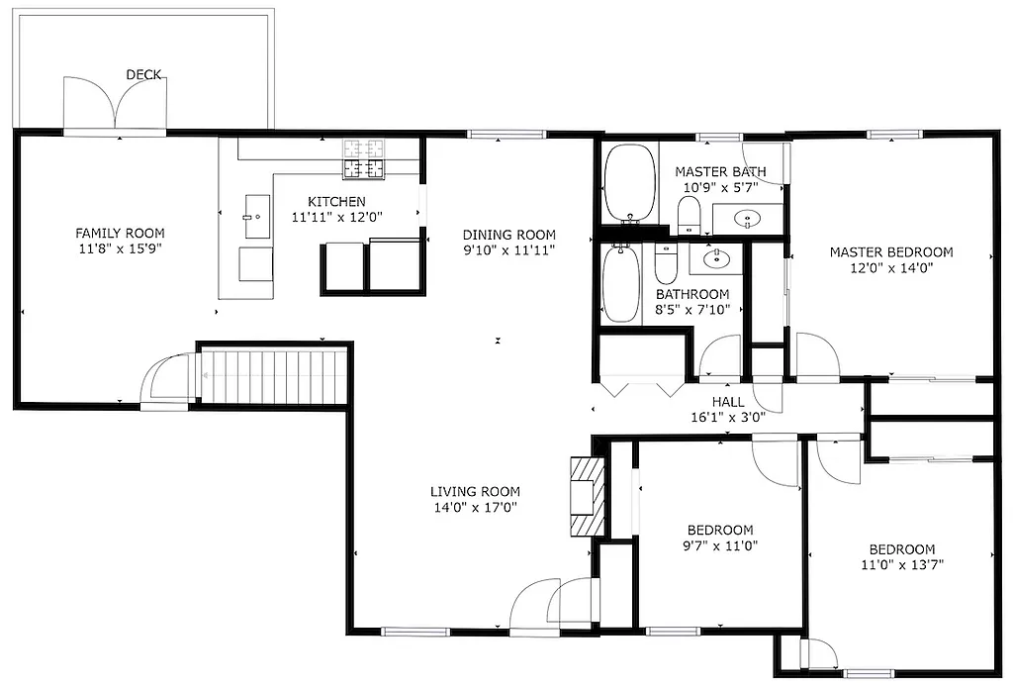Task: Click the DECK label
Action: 143,74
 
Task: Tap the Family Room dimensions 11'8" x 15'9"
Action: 120,249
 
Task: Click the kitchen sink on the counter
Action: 255,213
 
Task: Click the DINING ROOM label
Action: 509,235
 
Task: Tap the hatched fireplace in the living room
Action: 585,496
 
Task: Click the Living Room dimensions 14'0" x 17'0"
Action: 475,507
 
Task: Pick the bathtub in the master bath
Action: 630,183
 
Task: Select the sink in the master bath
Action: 747,219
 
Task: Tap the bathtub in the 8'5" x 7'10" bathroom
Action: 621,284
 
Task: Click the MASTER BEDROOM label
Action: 891,251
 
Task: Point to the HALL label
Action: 728,401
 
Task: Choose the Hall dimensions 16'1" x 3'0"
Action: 728,417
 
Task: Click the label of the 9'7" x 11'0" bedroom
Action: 720,530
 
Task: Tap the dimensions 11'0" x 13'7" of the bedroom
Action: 901,566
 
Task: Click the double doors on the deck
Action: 115,104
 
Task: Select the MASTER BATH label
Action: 720,171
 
